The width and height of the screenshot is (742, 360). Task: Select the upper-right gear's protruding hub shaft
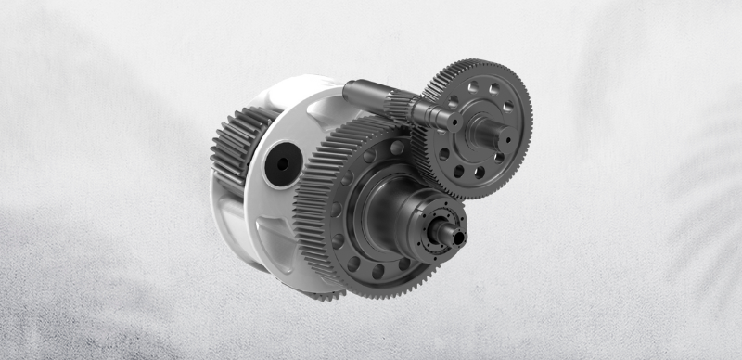click(x=489, y=130)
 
